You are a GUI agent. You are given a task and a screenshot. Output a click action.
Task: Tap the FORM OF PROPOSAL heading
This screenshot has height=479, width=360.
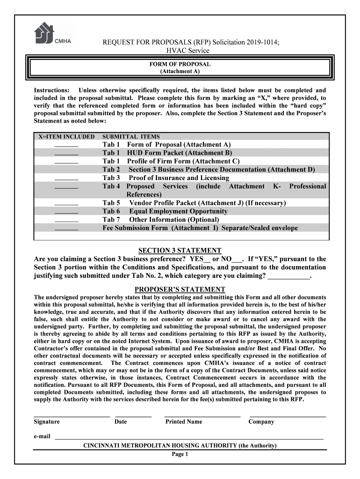pos(180,64)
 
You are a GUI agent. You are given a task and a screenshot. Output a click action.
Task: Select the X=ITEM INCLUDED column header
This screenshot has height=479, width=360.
pos(66,137)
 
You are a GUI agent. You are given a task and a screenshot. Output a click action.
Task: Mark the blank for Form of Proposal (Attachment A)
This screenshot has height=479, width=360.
pos(66,146)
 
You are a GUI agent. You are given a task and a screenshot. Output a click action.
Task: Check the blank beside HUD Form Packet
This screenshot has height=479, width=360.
pos(66,154)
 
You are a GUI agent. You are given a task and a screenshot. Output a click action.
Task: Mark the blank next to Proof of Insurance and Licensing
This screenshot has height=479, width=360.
pos(66,179)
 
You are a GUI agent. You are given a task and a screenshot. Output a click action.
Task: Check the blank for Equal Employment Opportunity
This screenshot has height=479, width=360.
pos(66,212)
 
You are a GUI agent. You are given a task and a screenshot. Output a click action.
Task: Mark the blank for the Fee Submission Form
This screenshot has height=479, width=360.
pos(66,229)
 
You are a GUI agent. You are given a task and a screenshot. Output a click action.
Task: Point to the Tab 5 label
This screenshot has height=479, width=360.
pos(111,203)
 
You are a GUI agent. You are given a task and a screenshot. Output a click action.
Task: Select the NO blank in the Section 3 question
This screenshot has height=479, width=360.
pos(237,261)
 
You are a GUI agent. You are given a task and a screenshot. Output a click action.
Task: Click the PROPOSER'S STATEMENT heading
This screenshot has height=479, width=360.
pos(180,290)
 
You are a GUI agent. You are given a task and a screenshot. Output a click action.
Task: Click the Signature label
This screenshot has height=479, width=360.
pos(47,422)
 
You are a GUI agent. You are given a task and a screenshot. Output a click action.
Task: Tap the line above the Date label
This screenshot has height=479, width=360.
pos(133,415)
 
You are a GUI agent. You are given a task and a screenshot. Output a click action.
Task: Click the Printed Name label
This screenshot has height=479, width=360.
pos(184,422)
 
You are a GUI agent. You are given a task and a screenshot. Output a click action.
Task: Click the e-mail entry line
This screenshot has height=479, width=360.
pos(189,439)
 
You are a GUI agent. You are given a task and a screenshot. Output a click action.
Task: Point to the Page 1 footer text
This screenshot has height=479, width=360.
pos(180,454)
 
